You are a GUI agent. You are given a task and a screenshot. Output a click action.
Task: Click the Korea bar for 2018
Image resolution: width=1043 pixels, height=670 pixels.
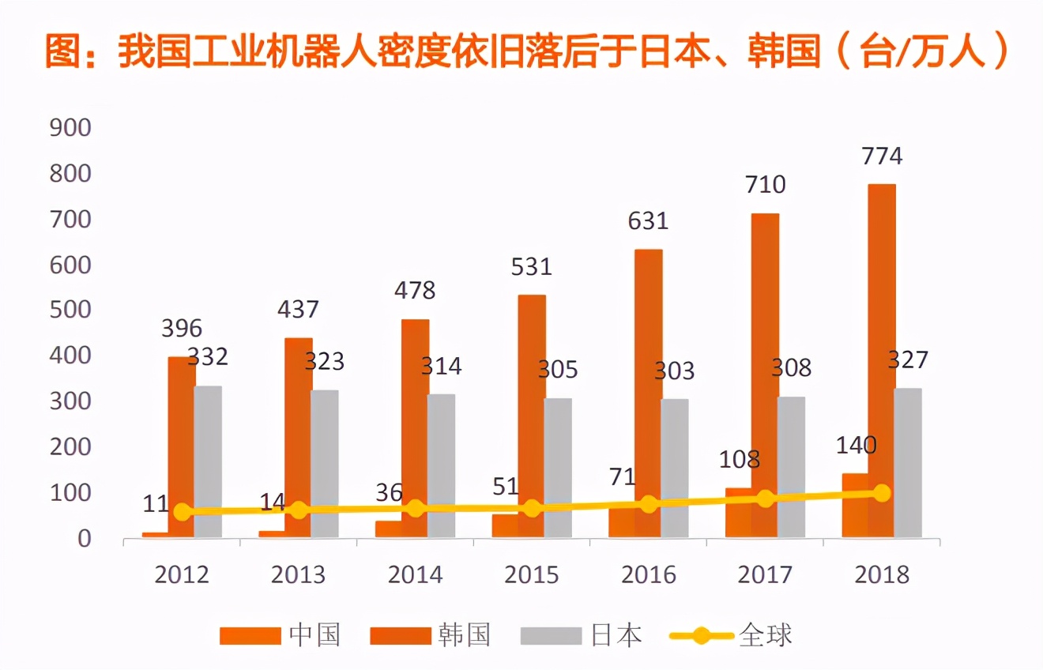881,360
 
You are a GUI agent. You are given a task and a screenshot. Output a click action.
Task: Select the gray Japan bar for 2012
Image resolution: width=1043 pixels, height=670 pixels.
208,461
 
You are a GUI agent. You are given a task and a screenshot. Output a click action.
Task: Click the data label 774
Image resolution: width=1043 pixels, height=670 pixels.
881,156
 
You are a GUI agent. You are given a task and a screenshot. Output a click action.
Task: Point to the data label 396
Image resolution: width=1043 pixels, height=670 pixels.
182,328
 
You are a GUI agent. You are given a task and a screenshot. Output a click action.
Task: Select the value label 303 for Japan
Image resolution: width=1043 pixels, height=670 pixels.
674,371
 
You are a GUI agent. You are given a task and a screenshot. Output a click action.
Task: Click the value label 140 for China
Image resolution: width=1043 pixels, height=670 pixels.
856,446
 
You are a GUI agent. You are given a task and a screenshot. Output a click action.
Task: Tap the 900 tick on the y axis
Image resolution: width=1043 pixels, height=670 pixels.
70,128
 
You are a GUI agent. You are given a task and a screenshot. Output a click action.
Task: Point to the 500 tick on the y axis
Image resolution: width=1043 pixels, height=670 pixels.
70,311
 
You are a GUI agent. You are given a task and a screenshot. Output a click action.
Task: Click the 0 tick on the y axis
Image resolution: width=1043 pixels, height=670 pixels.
83,539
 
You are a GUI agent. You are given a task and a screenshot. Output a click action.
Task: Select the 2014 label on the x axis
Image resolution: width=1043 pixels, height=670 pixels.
415,574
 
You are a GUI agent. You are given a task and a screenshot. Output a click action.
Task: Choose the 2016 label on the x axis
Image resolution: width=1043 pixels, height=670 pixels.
648,574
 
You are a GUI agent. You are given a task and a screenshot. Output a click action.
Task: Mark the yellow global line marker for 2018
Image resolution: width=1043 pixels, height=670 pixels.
882,493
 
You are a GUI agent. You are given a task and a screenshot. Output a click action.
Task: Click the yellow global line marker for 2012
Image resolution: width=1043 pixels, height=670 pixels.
183,512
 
